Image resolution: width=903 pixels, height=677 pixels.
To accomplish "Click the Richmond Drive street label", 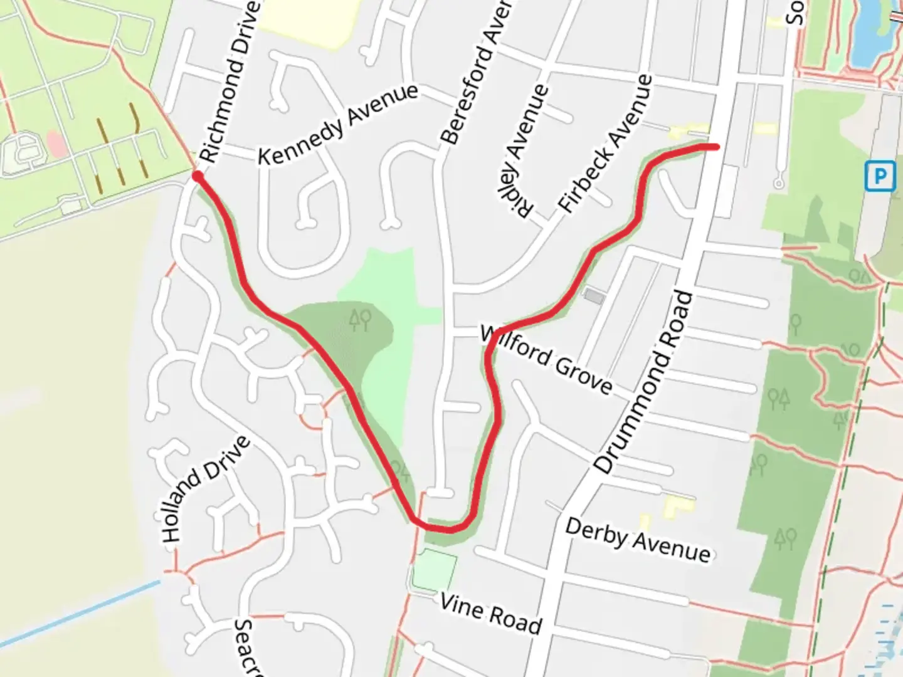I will pos(230,81).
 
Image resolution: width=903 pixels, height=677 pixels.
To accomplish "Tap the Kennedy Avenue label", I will pos(338,124).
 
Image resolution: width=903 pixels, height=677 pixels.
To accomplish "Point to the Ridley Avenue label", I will pos(524,150).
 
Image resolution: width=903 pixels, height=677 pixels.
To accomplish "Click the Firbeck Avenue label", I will pos(606,143).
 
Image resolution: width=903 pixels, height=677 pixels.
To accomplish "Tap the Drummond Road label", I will pos(644,382).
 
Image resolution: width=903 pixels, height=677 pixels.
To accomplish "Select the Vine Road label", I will pos(490,614).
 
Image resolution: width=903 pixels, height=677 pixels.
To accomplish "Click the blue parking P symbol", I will pos(879,176).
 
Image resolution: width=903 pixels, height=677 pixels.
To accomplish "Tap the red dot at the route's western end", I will pos(198,177).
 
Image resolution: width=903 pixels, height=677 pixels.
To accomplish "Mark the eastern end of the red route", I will pos(715,147).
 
